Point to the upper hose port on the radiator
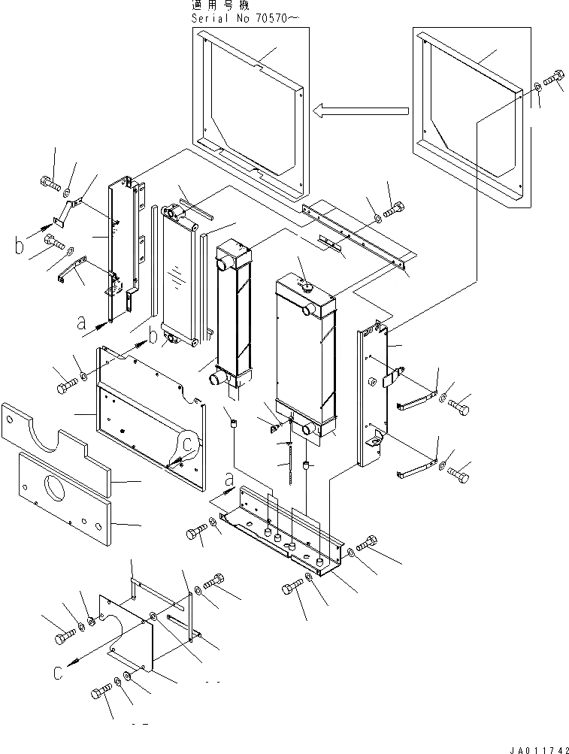coord(307,308)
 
